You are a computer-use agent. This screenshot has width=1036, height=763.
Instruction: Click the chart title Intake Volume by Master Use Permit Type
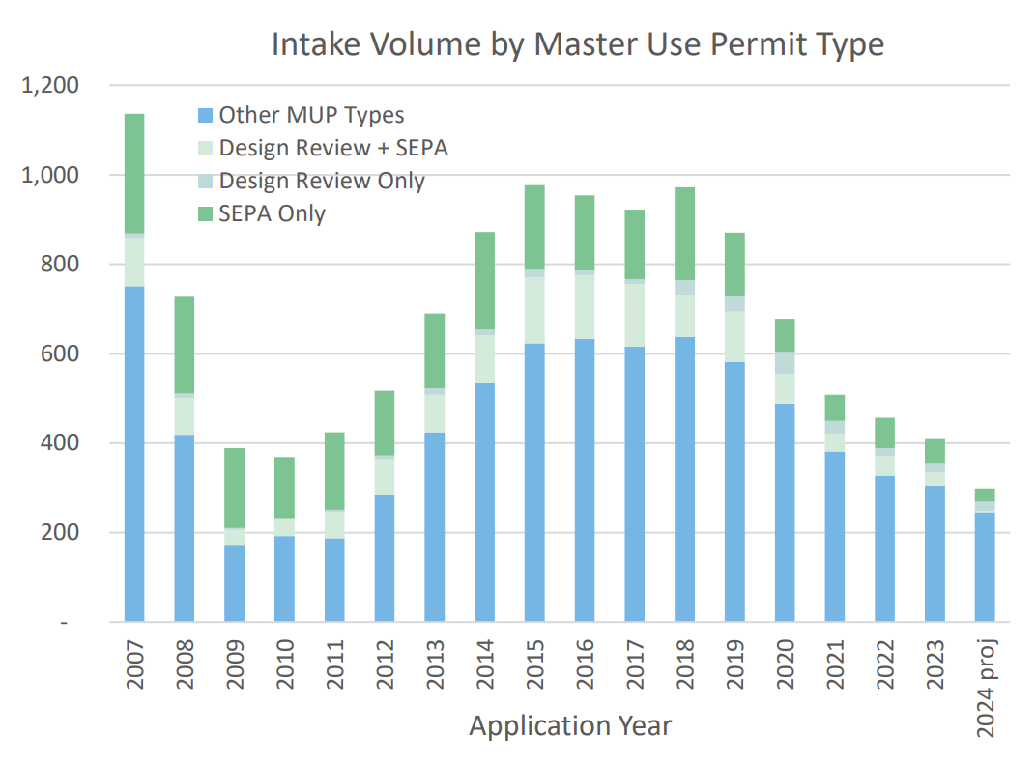[577, 43]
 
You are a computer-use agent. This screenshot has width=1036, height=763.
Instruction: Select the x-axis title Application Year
[569, 724]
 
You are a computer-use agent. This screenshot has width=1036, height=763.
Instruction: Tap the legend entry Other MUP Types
[311, 115]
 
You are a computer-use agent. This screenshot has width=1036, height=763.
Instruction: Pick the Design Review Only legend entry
[322, 181]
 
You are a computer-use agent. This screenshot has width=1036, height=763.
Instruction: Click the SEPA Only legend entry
[272, 213]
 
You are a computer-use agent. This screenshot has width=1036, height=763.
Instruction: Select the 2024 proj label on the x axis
[985, 685]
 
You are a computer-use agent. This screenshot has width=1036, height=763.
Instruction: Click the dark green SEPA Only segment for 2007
[134, 174]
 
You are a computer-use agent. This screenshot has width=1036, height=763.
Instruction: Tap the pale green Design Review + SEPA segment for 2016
[586, 306]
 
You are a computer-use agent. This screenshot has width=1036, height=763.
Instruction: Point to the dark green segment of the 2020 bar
[785, 335]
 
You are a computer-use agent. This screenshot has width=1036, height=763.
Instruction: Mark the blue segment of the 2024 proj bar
[985, 567]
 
